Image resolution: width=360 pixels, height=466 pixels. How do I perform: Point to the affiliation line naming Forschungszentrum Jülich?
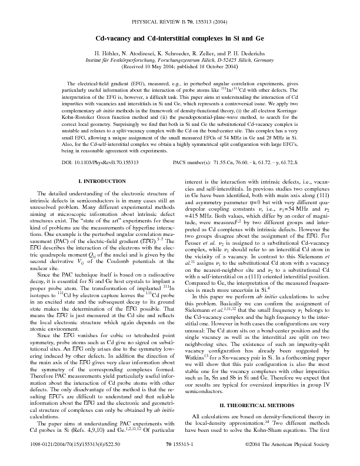click(x=180, y=59)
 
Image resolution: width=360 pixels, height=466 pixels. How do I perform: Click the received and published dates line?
click(x=180, y=66)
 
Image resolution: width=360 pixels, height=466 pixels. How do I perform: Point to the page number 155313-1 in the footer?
click(x=180, y=448)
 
